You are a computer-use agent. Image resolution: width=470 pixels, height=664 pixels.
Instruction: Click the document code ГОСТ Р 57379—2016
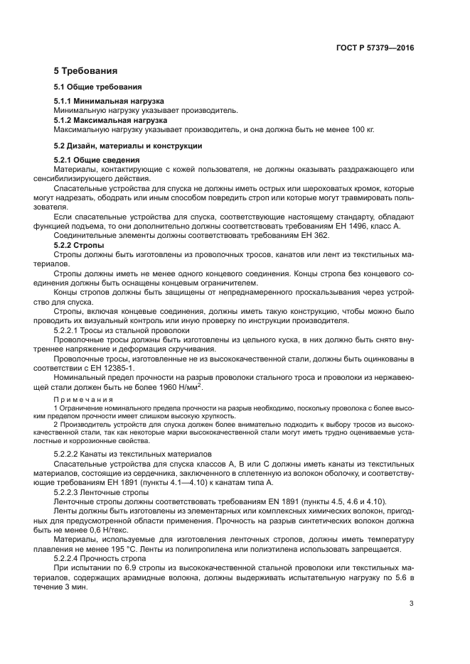pyautogui.click(x=375, y=49)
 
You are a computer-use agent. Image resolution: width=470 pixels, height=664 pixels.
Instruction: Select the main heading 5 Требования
pyautogui.click(x=85, y=71)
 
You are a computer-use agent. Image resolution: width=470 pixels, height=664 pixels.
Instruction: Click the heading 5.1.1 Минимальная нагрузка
pyautogui.click(x=109, y=102)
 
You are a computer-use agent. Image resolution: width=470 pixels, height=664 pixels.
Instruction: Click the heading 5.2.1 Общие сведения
pyautogui.click(x=96, y=160)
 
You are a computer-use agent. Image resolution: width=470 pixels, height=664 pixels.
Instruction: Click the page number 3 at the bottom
pyautogui.click(x=412, y=604)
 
